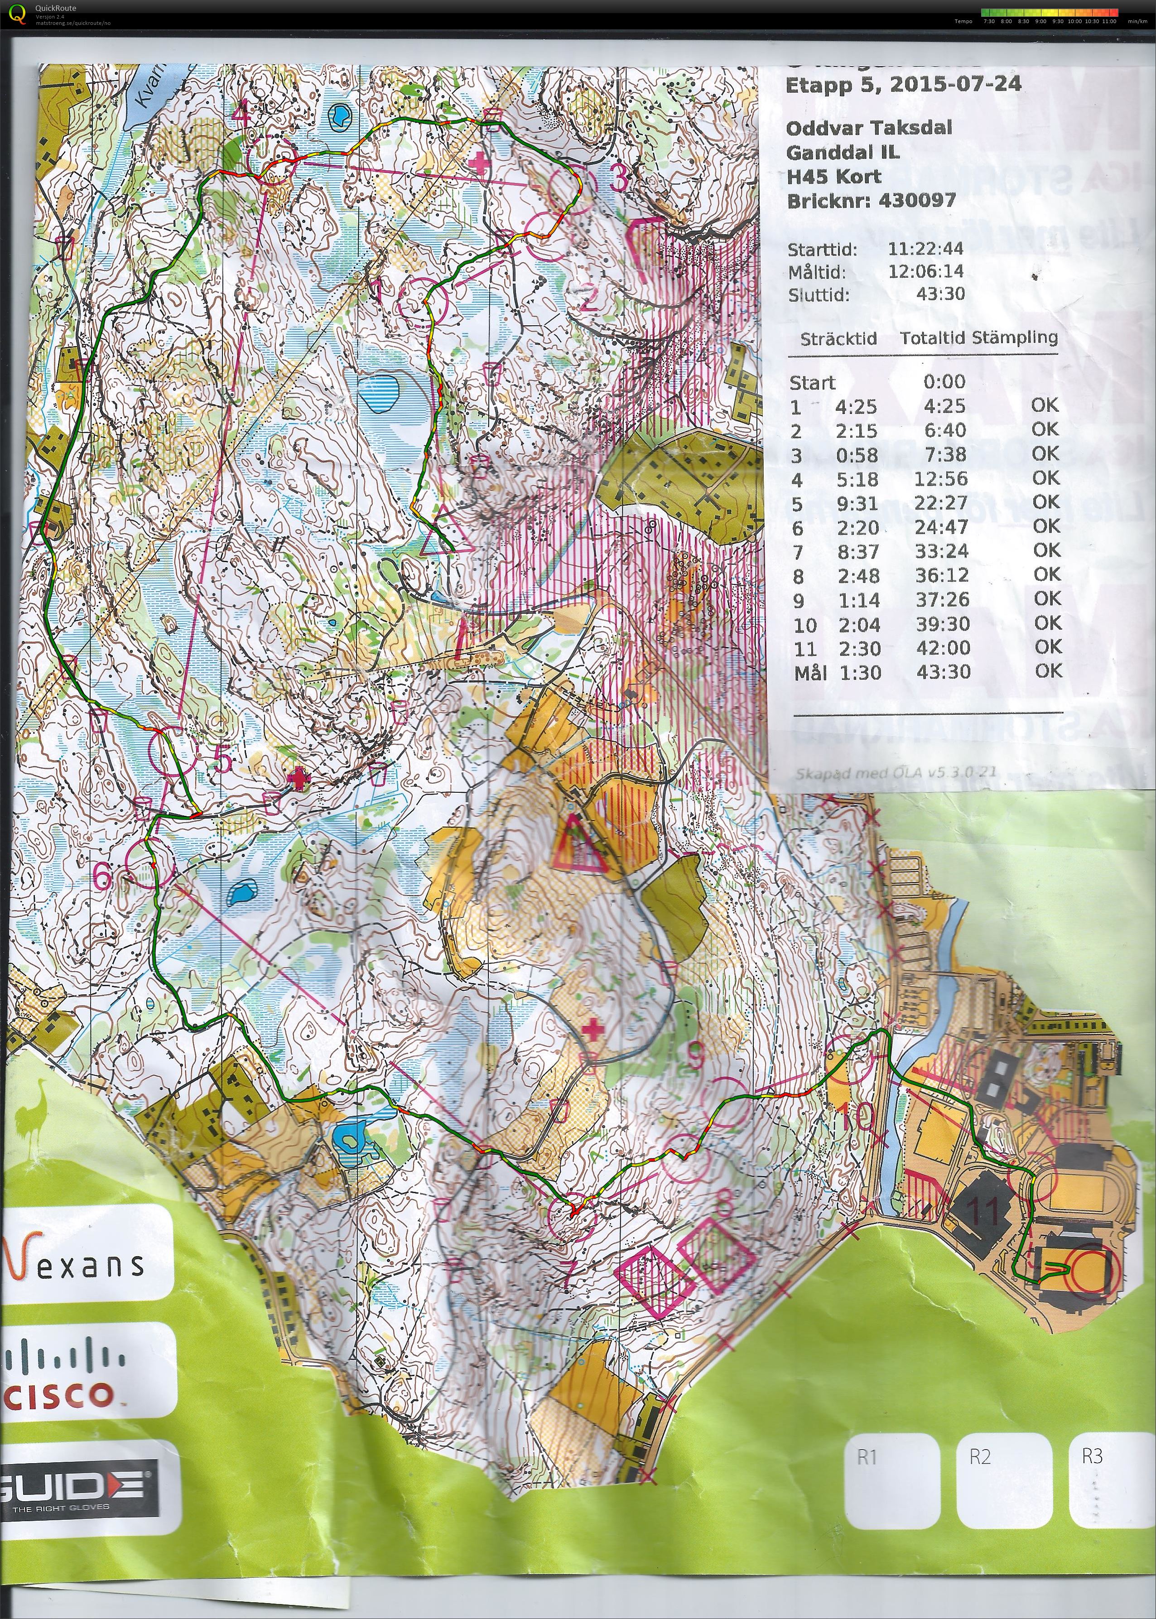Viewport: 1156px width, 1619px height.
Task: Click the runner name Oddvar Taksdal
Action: [x=868, y=128]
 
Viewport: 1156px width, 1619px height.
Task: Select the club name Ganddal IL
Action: [x=842, y=152]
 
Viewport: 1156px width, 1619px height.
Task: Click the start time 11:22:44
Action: [x=925, y=248]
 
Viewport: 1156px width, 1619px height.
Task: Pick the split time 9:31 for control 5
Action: [x=858, y=504]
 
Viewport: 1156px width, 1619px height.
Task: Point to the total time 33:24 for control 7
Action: [x=943, y=552]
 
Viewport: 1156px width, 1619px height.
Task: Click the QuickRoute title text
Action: [x=56, y=8]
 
